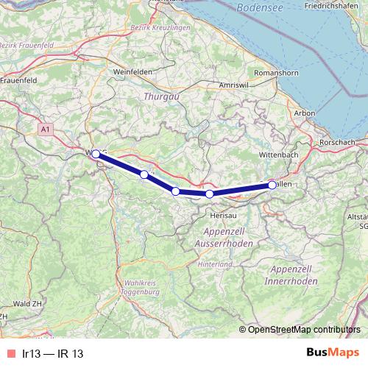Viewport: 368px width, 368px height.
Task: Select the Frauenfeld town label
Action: click(20, 79)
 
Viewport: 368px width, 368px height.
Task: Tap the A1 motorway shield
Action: click(47, 130)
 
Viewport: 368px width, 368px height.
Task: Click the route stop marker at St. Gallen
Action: click(272, 185)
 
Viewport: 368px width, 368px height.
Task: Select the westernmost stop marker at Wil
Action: click(96, 154)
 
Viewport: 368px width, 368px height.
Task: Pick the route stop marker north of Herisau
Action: click(210, 194)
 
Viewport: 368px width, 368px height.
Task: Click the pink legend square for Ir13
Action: click(10, 354)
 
